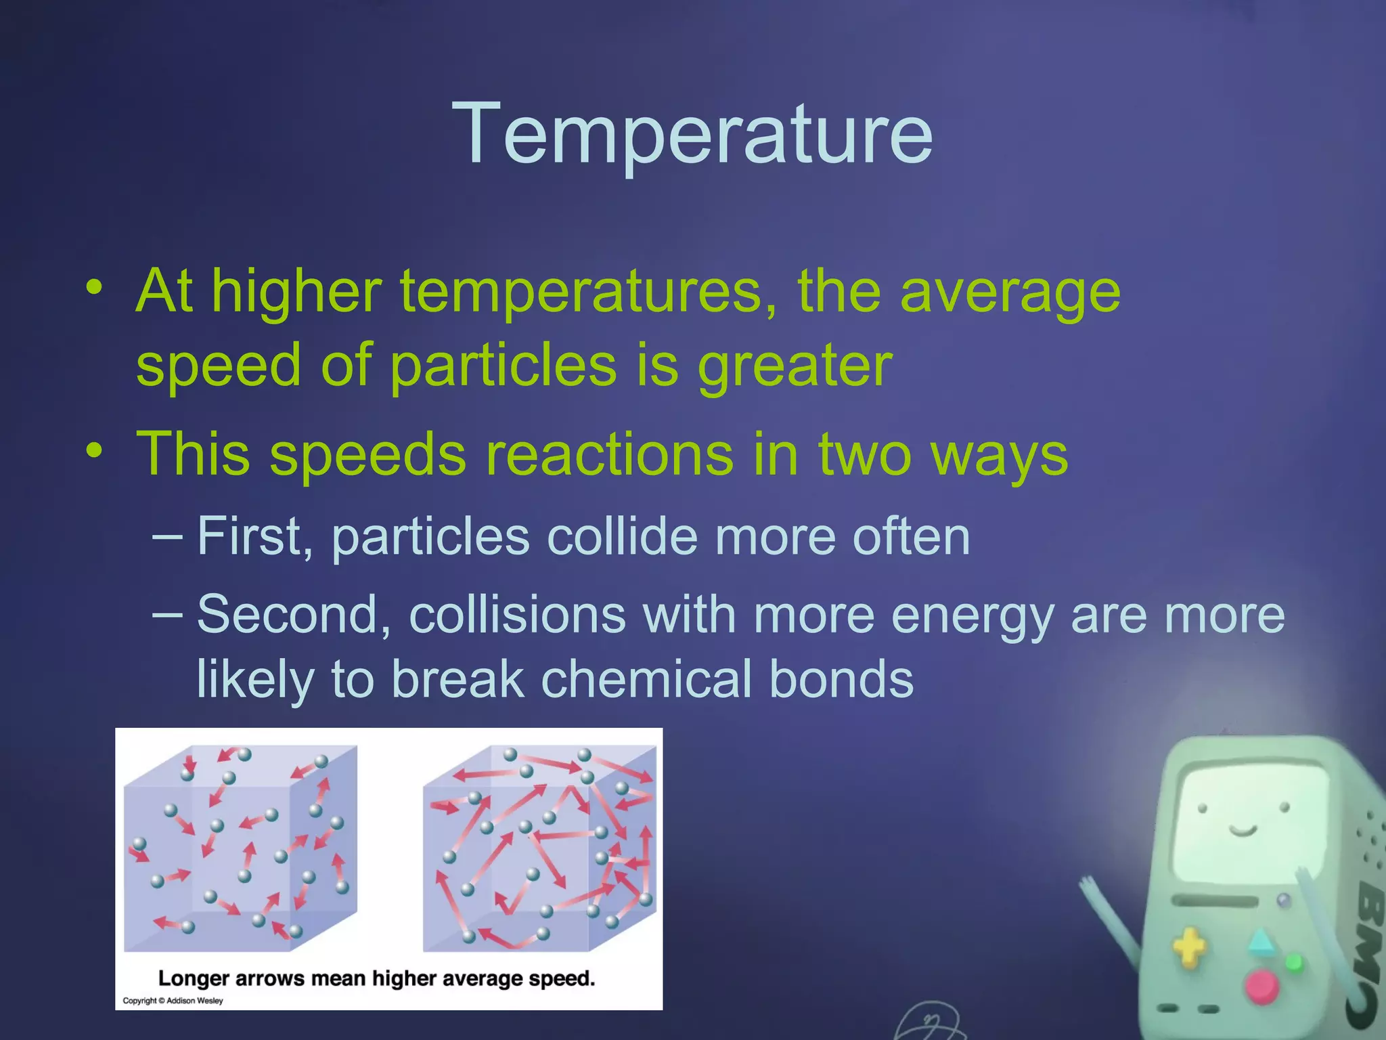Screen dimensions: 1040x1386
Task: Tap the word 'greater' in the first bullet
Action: click(795, 366)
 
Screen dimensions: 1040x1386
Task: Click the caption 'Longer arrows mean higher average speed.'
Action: click(376, 978)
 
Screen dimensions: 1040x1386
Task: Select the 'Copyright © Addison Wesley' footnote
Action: click(173, 1001)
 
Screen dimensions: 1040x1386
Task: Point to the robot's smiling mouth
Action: click(1243, 830)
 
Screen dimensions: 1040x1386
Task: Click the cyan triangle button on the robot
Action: click(1259, 942)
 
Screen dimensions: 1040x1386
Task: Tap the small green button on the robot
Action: click(1293, 962)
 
